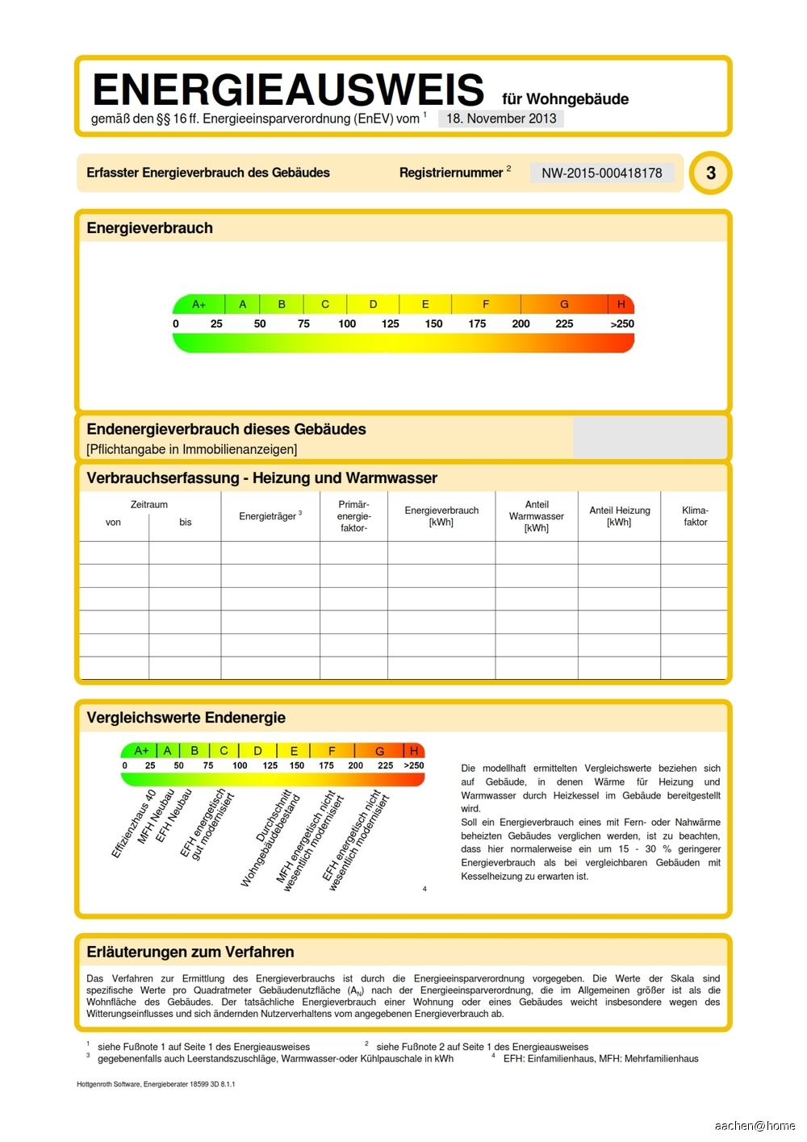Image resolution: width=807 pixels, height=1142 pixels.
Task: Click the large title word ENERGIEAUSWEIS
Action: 288,90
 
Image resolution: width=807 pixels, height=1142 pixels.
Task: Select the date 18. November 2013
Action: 501,119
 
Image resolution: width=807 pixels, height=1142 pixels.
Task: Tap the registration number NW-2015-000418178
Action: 601,173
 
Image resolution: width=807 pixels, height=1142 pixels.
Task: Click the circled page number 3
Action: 710,173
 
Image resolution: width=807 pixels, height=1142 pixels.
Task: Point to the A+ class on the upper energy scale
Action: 199,304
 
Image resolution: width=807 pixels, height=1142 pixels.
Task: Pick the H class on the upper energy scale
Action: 621,304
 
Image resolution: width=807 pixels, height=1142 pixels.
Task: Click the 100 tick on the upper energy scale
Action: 347,323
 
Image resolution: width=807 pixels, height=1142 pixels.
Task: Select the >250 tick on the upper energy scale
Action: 621,323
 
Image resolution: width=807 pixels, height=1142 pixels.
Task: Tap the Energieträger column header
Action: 270,516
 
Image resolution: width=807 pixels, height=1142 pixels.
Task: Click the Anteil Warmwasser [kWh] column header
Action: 537,516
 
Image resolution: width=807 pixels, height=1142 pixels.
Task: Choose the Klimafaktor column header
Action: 695,516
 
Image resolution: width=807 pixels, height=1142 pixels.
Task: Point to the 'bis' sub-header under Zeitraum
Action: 186,523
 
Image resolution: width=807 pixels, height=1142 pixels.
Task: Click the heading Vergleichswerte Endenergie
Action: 186,718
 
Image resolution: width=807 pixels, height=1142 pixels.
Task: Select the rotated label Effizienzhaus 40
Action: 133,824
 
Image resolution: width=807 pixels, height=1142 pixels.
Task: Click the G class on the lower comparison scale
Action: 379,751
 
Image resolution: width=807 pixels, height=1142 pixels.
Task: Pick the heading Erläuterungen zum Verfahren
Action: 190,952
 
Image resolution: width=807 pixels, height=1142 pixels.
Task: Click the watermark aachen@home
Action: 755,1126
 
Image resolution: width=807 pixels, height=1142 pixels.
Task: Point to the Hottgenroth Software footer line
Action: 156,1084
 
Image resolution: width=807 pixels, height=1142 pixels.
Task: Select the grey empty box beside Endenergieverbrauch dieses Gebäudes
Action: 650,437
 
